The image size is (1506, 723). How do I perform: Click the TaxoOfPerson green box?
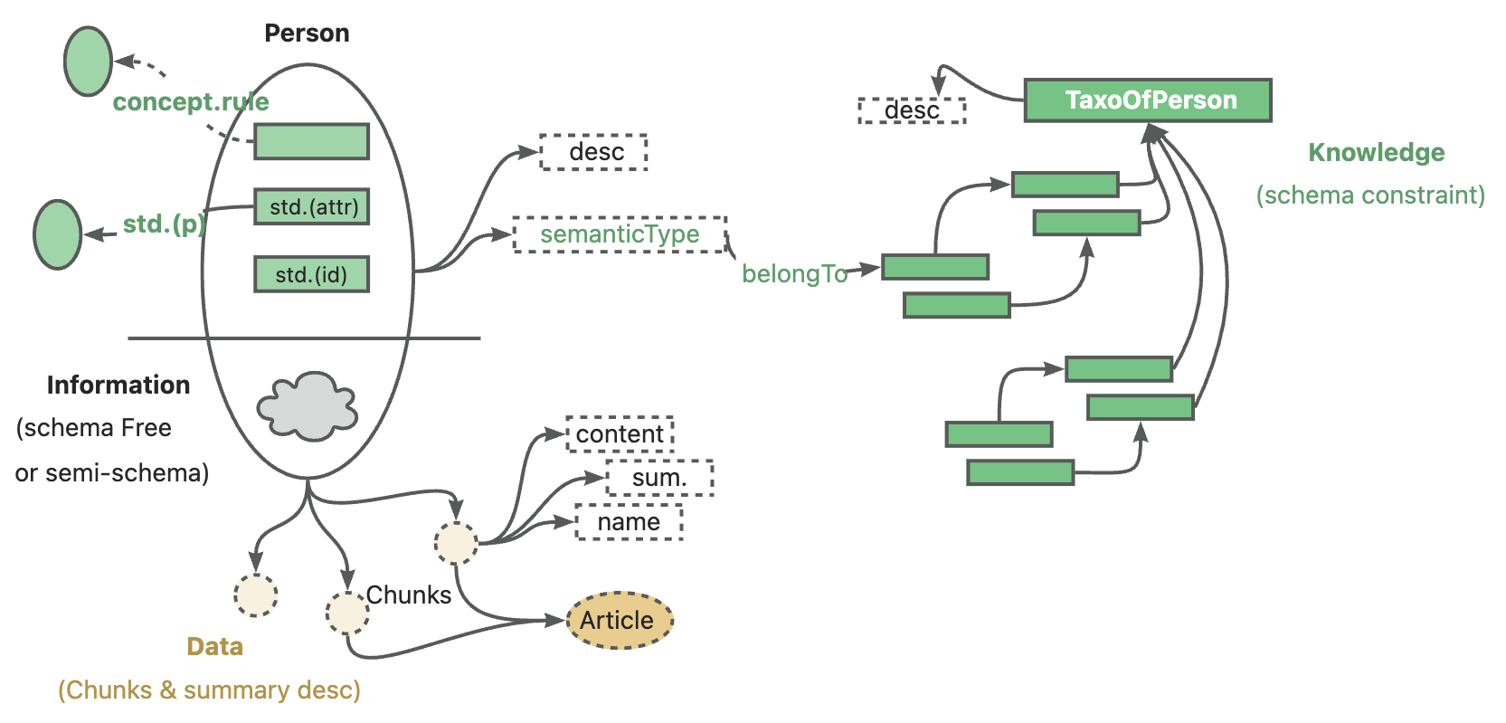point(1147,100)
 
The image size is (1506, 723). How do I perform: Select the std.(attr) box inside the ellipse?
point(312,207)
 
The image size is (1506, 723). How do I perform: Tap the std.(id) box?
point(312,274)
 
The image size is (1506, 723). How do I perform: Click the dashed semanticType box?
point(620,234)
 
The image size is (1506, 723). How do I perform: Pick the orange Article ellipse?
point(620,621)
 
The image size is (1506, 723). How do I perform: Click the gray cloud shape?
point(308,406)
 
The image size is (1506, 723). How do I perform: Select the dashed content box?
point(620,434)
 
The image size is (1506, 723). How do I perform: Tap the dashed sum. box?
point(659,478)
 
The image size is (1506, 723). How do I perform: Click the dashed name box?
point(629,522)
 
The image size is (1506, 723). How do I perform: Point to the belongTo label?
point(794,273)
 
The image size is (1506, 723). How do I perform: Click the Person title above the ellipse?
point(307,33)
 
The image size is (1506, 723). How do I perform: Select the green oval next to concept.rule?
point(88,62)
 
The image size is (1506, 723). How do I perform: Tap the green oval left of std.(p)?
point(58,235)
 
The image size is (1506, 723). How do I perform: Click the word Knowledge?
point(1376,153)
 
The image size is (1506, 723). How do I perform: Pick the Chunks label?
point(408,595)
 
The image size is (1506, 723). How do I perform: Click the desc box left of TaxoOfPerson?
point(912,110)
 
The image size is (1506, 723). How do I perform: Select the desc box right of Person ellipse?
point(594,152)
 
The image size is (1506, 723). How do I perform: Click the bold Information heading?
point(118,385)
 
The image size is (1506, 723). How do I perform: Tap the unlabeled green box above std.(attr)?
point(312,142)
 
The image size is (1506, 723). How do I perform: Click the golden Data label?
point(214,647)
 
